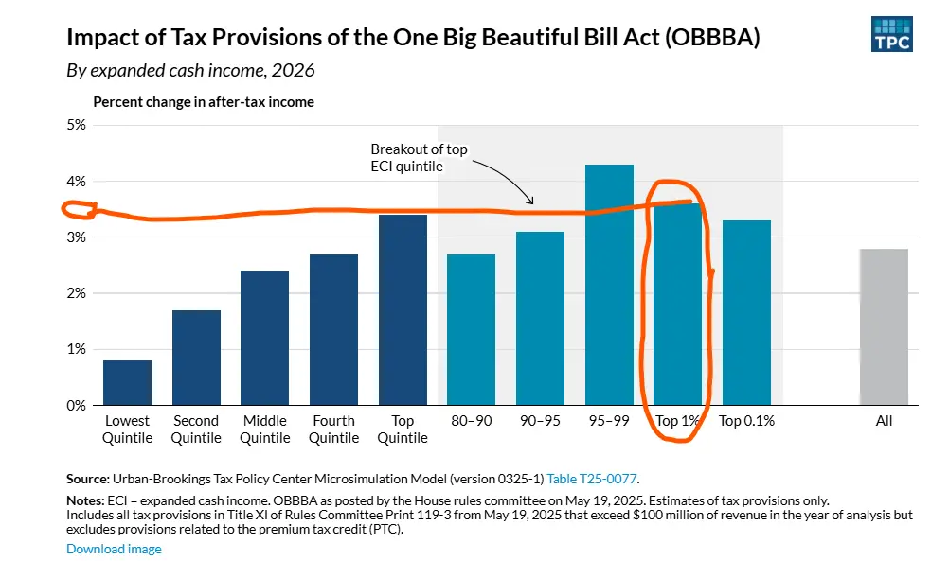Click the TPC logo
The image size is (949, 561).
pyautogui.click(x=891, y=33)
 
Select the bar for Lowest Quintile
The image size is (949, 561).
pyautogui.click(x=127, y=382)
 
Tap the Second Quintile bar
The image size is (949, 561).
pyautogui.click(x=196, y=358)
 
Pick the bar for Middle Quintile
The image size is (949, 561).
pyautogui.click(x=265, y=338)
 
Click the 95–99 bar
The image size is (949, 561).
pyautogui.click(x=609, y=285)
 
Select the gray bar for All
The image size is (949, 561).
pyautogui.click(x=884, y=326)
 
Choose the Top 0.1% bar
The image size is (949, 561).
pyautogui.click(x=746, y=312)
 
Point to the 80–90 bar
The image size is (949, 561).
pyautogui.click(x=471, y=329)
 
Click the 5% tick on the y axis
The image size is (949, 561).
pyautogui.click(x=75, y=125)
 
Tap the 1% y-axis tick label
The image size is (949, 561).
pyautogui.click(x=75, y=349)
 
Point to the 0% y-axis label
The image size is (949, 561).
pyautogui.click(x=75, y=405)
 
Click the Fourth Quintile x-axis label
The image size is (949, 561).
pyautogui.click(x=334, y=430)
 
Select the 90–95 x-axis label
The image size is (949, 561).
pyautogui.click(x=540, y=421)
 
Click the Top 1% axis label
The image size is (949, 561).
pyautogui.click(x=677, y=421)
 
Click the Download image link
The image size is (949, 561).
pyautogui.click(x=114, y=549)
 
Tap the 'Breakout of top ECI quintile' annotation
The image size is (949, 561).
pyautogui.click(x=419, y=158)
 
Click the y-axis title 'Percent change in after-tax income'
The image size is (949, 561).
pyautogui.click(x=203, y=101)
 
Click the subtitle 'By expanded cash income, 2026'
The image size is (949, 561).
pyautogui.click(x=190, y=70)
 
